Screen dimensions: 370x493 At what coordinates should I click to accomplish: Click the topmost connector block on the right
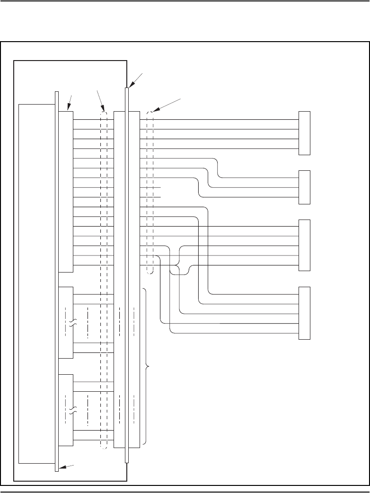304,133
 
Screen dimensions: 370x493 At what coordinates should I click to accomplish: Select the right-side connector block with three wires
304,187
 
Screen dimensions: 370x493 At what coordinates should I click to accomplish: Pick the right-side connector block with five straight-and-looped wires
304,245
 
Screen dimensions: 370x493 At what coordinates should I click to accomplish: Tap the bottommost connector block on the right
304,313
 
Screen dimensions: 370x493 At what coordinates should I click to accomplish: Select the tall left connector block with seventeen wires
66,192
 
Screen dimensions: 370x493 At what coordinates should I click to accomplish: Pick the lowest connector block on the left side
66,410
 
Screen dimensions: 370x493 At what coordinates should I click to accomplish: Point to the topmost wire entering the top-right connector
222,119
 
